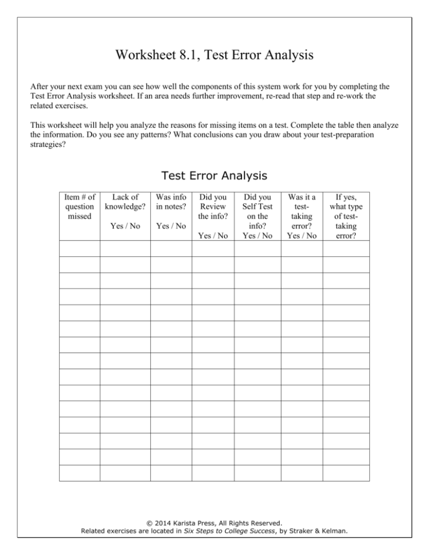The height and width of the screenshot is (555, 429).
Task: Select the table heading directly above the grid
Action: tap(214, 176)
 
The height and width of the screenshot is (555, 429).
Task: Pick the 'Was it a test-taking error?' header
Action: tap(302, 210)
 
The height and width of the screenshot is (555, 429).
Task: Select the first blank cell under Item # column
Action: tap(79, 248)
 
